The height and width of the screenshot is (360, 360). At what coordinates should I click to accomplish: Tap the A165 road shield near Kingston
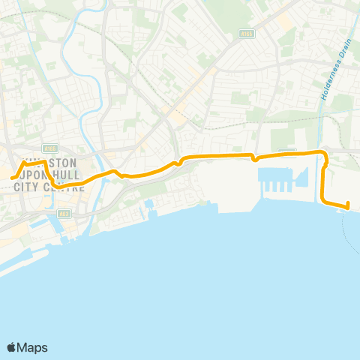point(49,148)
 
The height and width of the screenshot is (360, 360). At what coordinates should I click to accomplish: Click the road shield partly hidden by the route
point(287,151)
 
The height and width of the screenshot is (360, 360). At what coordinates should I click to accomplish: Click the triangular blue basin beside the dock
point(303,177)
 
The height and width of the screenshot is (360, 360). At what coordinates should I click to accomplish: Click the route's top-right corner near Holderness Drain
point(325,154)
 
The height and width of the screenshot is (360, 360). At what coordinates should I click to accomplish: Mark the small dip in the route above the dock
point(255,158)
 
